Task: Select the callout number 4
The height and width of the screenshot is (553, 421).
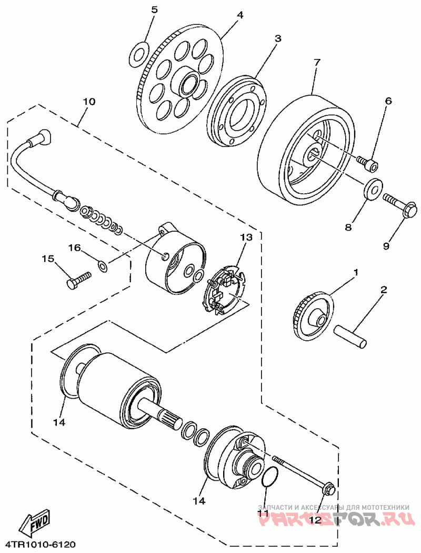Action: click(x=240, y=15)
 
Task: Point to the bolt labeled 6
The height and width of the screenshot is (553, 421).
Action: click(x=367, y=163)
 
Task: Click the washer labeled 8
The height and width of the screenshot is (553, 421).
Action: click(x=373, y=189)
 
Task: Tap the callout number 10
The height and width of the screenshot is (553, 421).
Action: click(x=88, y=102)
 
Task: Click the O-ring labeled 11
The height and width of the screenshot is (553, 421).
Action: click(x=269, y=476)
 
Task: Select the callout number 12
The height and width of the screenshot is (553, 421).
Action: click(x=315, y=520)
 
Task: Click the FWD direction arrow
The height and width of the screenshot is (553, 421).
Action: click(x=35, y=524)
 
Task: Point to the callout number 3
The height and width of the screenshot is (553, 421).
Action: click(x=277, y=38)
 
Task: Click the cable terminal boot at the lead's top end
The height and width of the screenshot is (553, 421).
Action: click(x=41, y=138)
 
